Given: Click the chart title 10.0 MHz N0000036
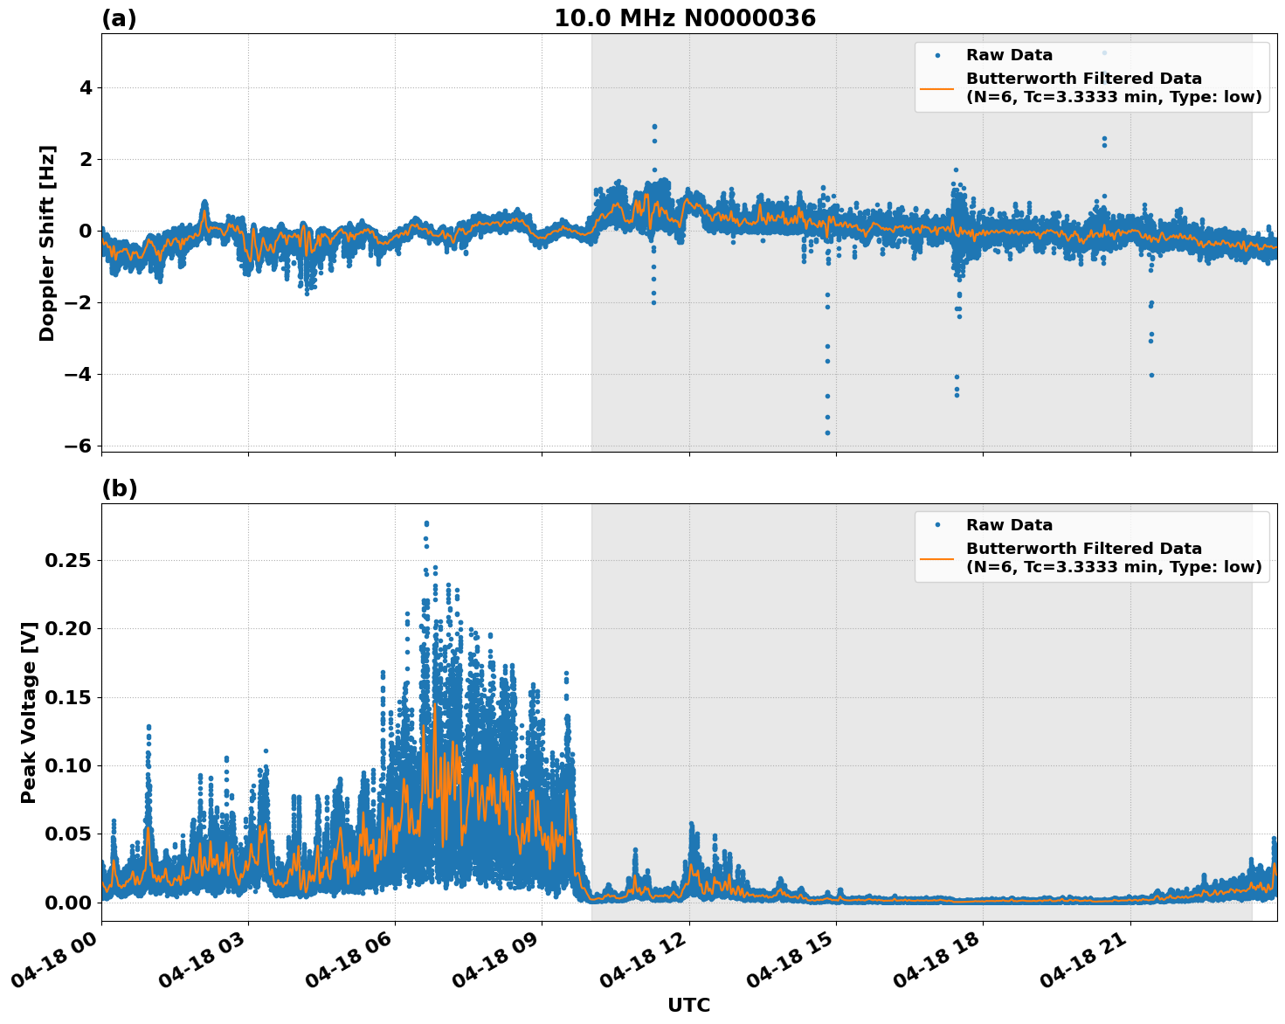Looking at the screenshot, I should pos(684,18).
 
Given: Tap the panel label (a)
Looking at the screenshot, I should pos(119,18).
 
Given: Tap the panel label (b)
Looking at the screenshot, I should pos(119,488).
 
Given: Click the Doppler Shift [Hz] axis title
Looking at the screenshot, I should pos(47,243).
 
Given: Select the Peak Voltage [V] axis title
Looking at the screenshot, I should pos(29,712).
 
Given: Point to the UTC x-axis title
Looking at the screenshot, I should pos(688,1005).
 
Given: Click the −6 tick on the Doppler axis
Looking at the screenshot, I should pos(78,446).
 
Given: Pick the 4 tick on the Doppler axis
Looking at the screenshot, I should pos(86,87).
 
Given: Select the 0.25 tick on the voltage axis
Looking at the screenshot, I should pos(67,560).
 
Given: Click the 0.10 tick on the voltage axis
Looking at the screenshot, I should pos(67,765).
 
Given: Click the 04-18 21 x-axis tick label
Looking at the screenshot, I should pos(1083,968).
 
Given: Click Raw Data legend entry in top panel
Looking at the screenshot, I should pos(1009,55).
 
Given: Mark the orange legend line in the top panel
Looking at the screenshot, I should pos(936,88).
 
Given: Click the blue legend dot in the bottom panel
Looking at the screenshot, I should pos(936,525).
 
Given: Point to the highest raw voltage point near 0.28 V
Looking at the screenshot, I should pos(426,523).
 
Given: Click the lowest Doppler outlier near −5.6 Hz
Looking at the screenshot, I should pos(827,432).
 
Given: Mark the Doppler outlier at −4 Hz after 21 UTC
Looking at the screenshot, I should pos(1151,375).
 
